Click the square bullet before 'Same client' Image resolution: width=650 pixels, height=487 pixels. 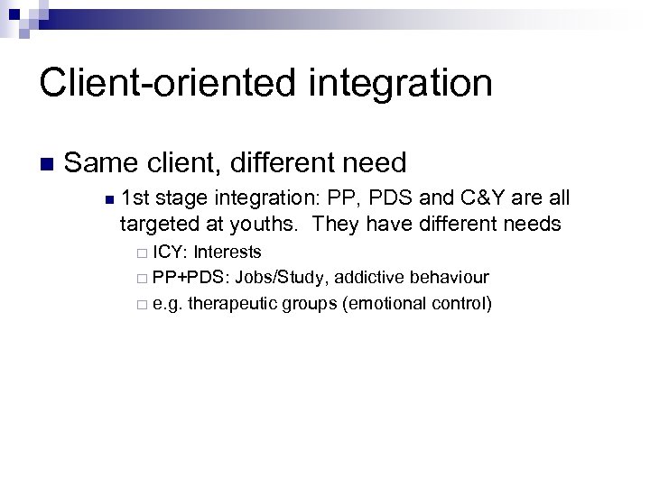(x=47, y=164)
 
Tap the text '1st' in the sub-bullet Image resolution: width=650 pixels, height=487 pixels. (x=135, y=198)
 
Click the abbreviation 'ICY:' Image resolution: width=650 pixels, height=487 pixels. (x=170, y=252)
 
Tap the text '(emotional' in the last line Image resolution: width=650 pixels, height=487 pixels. (x=380, y=303)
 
